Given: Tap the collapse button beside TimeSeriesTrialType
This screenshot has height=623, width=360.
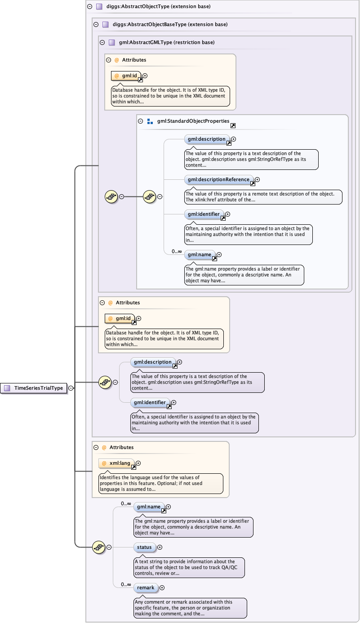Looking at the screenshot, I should [71, 388].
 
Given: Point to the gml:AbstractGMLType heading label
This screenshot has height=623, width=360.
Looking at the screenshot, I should [166, 42].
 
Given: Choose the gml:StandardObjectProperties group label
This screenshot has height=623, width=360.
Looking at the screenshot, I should [193, 121].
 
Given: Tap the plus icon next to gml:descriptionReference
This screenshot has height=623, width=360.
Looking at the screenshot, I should [257, 179].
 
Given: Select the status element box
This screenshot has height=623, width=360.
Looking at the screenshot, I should [144, 547].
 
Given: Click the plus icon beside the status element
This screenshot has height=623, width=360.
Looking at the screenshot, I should [160, 547].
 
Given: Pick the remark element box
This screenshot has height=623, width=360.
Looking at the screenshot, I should [146, 587].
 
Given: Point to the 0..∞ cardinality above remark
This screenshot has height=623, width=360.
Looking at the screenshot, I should [126, 585].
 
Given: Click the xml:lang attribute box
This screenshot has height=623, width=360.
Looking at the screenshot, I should [117, 463].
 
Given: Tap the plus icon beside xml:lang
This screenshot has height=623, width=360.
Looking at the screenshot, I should [138, 463].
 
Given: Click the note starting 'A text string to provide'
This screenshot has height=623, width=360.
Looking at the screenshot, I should [189, 567].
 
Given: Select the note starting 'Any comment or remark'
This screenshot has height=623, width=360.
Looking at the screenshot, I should [190, 608].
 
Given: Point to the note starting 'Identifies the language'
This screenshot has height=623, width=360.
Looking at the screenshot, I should [160, 483].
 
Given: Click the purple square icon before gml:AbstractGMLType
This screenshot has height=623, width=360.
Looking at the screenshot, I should [111, 42].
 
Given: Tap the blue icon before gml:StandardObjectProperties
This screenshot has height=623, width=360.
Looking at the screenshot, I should [150, 121].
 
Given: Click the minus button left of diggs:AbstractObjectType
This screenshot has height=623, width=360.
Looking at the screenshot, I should [89, 7].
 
